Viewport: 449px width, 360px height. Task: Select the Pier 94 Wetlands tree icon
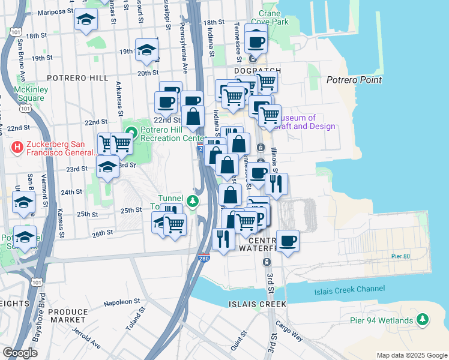423,320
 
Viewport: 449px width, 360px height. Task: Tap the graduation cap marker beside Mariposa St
86,20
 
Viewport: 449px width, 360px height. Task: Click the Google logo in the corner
20,353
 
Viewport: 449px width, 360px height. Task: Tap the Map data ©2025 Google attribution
412,355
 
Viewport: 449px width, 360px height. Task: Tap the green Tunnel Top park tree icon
193,201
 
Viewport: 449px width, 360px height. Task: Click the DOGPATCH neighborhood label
255,70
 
